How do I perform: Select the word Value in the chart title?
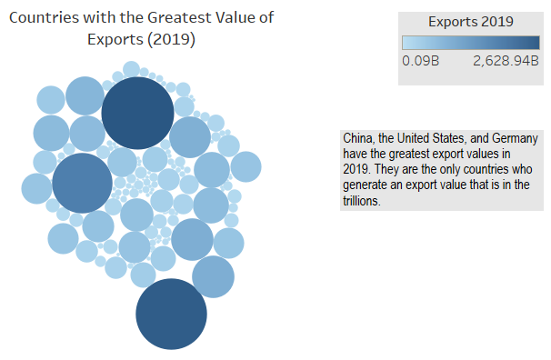click(x=239, y=18)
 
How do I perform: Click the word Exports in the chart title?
click(x=113, y=40)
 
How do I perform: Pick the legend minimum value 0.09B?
click(x=420, y=62)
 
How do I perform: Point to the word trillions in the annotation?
click(x=362, y=202)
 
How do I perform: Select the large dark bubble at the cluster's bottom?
click(x=172, y=314)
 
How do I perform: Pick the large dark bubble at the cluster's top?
click(x=137, y=113)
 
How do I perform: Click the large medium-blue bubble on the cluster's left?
click(x=83, y=183)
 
